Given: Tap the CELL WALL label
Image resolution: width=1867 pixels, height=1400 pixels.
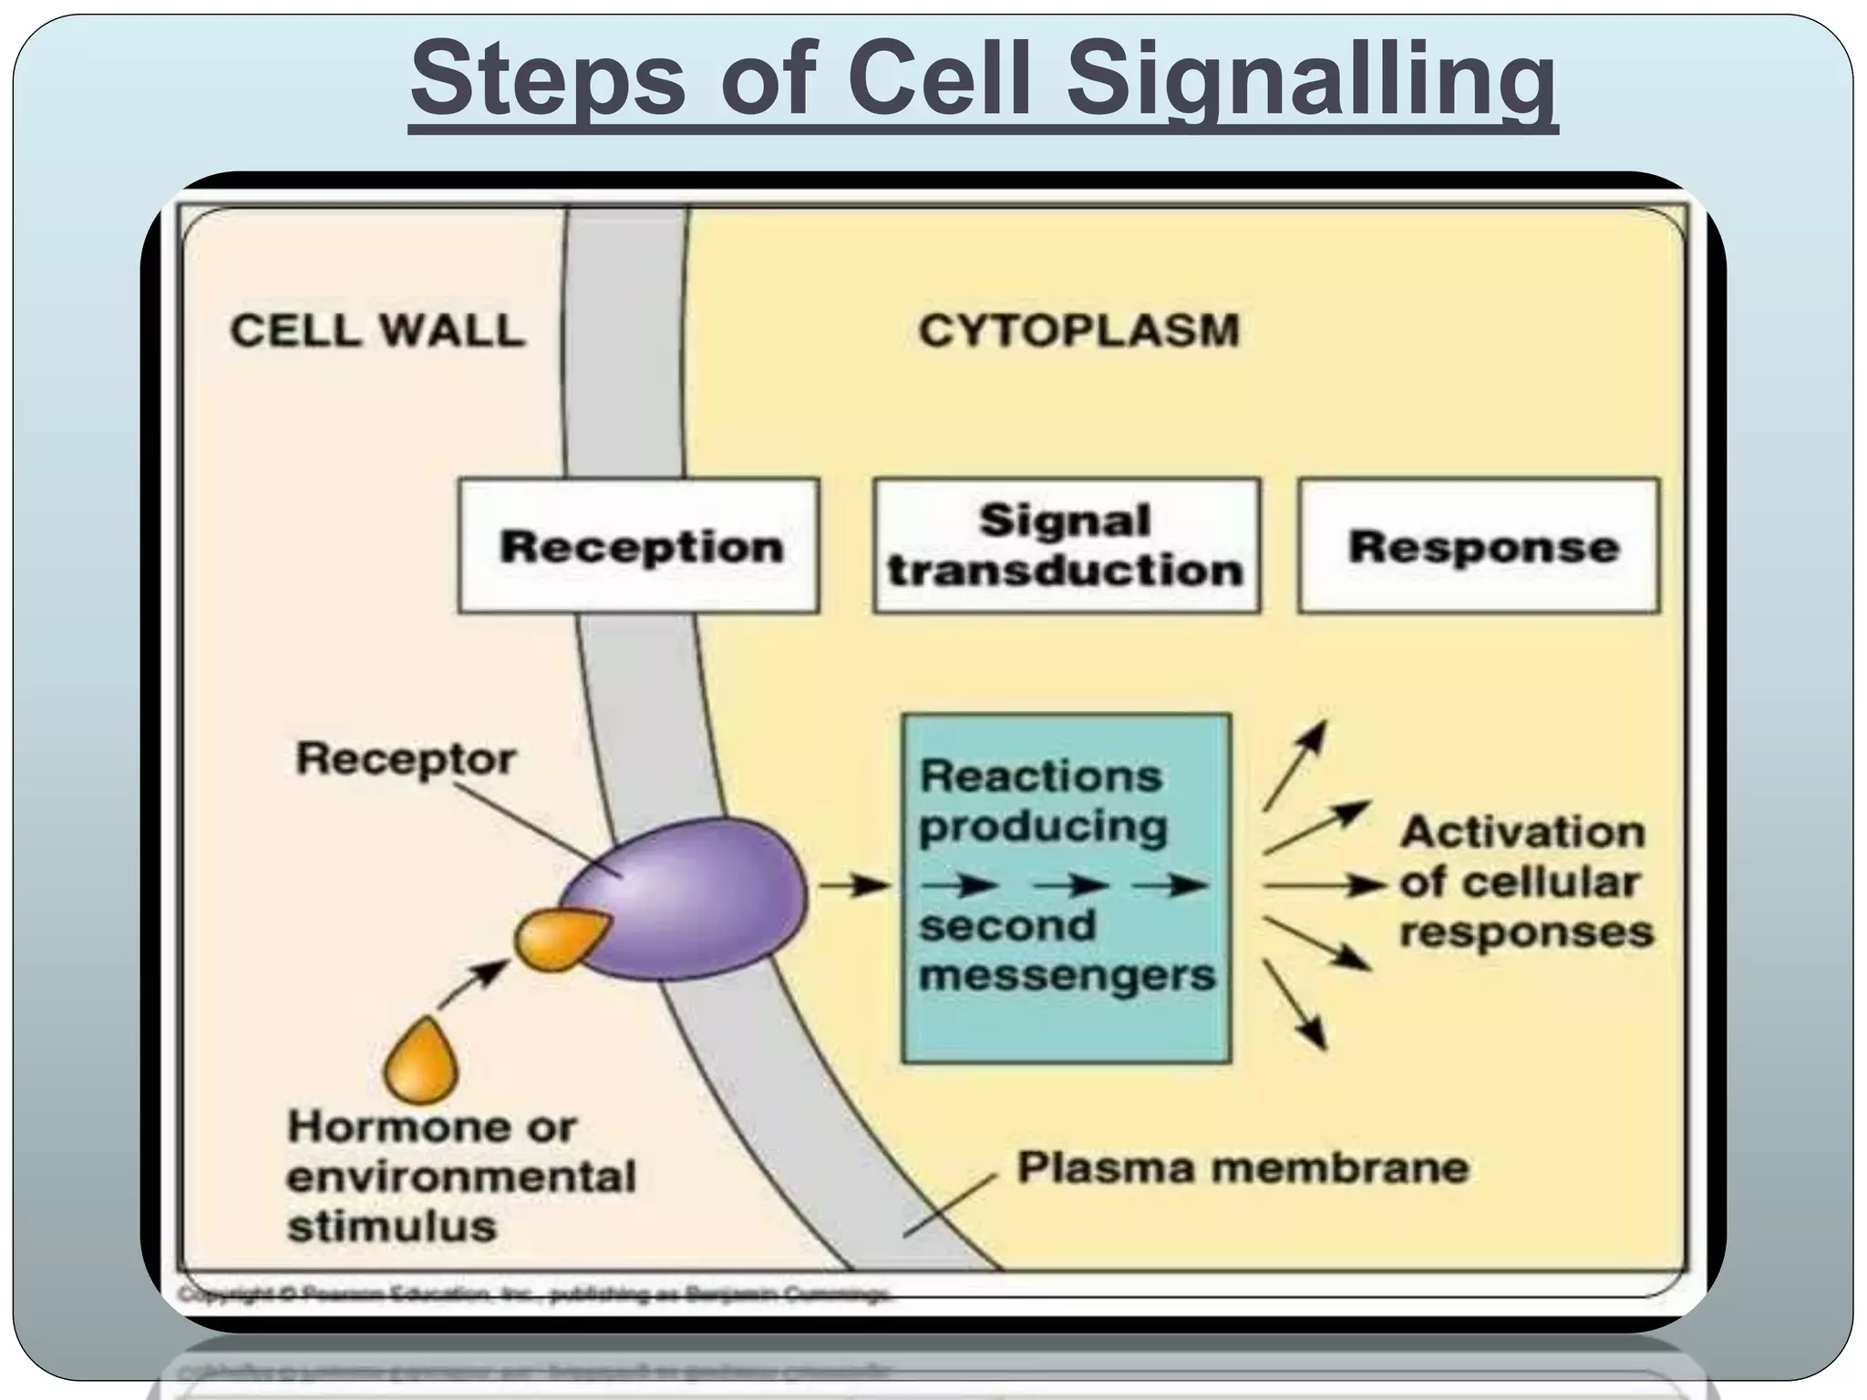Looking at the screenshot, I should (x=377, y=330).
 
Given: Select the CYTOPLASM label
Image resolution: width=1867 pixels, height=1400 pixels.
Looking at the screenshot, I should (x=1078, y=330).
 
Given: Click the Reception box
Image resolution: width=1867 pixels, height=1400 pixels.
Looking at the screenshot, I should (x=639, y=546).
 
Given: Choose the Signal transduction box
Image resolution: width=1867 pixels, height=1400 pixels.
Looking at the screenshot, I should (x=1066, y=545).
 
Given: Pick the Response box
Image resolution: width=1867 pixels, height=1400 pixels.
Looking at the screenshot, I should (x=1479, y=546).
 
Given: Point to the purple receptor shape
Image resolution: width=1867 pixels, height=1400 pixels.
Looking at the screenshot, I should (x=702, y=898).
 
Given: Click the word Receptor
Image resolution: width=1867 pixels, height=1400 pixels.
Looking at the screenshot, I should (x=406, y=758).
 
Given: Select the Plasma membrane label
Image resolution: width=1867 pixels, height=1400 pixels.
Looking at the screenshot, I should (x=1243, y=1168).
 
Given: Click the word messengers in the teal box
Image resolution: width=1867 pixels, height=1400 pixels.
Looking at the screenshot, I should (x=1067, y=976).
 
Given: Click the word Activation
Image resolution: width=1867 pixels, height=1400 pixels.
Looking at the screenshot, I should (x=1522, y=832).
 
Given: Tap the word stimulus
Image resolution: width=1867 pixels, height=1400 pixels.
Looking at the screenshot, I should (x=392, y=1226).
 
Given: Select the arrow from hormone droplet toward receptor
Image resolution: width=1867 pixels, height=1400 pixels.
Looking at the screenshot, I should (x=472, y=983).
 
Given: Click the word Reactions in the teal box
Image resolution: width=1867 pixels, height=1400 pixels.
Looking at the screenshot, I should (x=1040, y=777).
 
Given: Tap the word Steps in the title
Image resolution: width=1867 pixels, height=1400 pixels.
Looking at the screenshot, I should (x=547, y=82).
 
